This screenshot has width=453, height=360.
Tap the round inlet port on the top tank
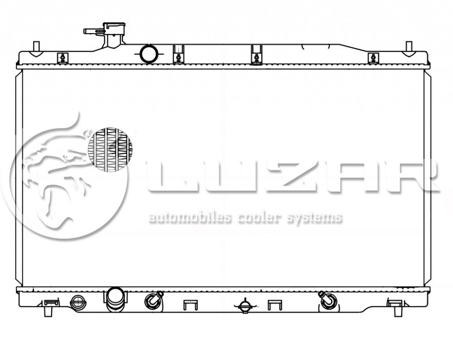coord(149,54)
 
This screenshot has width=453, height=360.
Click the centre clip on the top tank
coord(256,55)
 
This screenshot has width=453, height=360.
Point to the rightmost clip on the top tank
coord(373,58)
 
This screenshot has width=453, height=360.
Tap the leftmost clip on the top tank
coord(63,58)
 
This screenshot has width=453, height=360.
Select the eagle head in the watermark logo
coord(58,162)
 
